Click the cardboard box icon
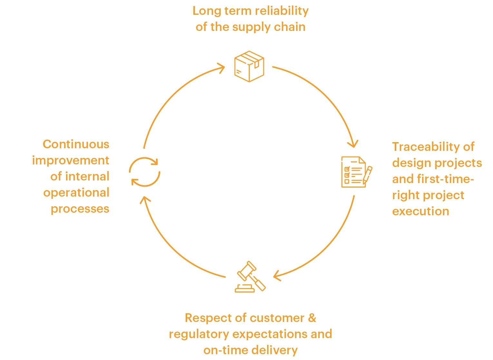pos(249,66)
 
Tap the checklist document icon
pos(354,172)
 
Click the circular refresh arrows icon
pos(145,172)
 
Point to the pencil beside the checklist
pos(368,175)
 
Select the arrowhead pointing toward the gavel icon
pos(277,276)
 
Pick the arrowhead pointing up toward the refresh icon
pos(145,200)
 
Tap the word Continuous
pos(76,144)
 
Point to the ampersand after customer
pos(312,318)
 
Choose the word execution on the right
pos(421,212)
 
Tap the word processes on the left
pos(80,209)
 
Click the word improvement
pos(71,161)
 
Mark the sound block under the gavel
pos(245,289)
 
